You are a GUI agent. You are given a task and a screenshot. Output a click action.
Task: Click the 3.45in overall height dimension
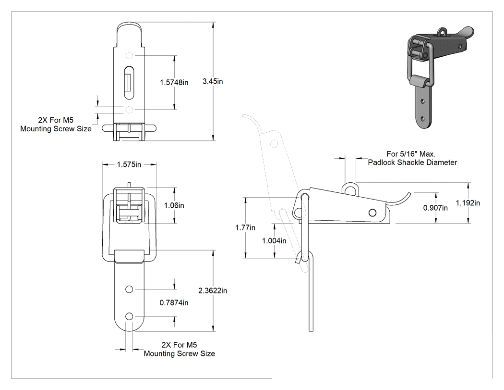coord(213,81)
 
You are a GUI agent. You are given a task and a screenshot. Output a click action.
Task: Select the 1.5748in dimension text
coord(174,82)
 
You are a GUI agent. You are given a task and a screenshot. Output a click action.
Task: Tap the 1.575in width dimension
coord(129,164)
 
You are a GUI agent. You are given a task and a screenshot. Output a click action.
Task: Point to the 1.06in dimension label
coord(174,205)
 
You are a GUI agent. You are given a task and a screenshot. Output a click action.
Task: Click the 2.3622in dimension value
coord(213,291)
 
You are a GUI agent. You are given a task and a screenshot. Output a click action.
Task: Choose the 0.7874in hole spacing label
coord(174,303)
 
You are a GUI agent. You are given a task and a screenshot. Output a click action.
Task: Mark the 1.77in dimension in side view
coord(245,227)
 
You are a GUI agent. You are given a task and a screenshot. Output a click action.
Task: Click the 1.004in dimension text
coord(274,241)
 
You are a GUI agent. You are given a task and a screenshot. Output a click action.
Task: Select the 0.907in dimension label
coord(435,208)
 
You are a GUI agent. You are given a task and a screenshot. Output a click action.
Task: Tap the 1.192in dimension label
coord(468,203)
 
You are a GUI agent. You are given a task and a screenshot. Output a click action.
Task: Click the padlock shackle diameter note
coord(412,158)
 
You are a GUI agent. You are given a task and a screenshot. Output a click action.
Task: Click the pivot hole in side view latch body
coord(372,213)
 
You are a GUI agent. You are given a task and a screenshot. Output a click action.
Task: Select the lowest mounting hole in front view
coord(129,316)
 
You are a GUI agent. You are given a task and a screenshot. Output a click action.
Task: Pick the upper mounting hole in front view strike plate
coord(129,289)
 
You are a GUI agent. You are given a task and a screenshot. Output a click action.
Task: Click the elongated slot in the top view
coord(129,82)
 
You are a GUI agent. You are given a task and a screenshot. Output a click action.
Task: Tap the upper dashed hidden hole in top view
coord(129,55)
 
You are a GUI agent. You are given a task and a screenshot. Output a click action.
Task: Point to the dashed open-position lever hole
coord(274,143)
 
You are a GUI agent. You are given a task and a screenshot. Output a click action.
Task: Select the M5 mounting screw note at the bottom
coord(179,350)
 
